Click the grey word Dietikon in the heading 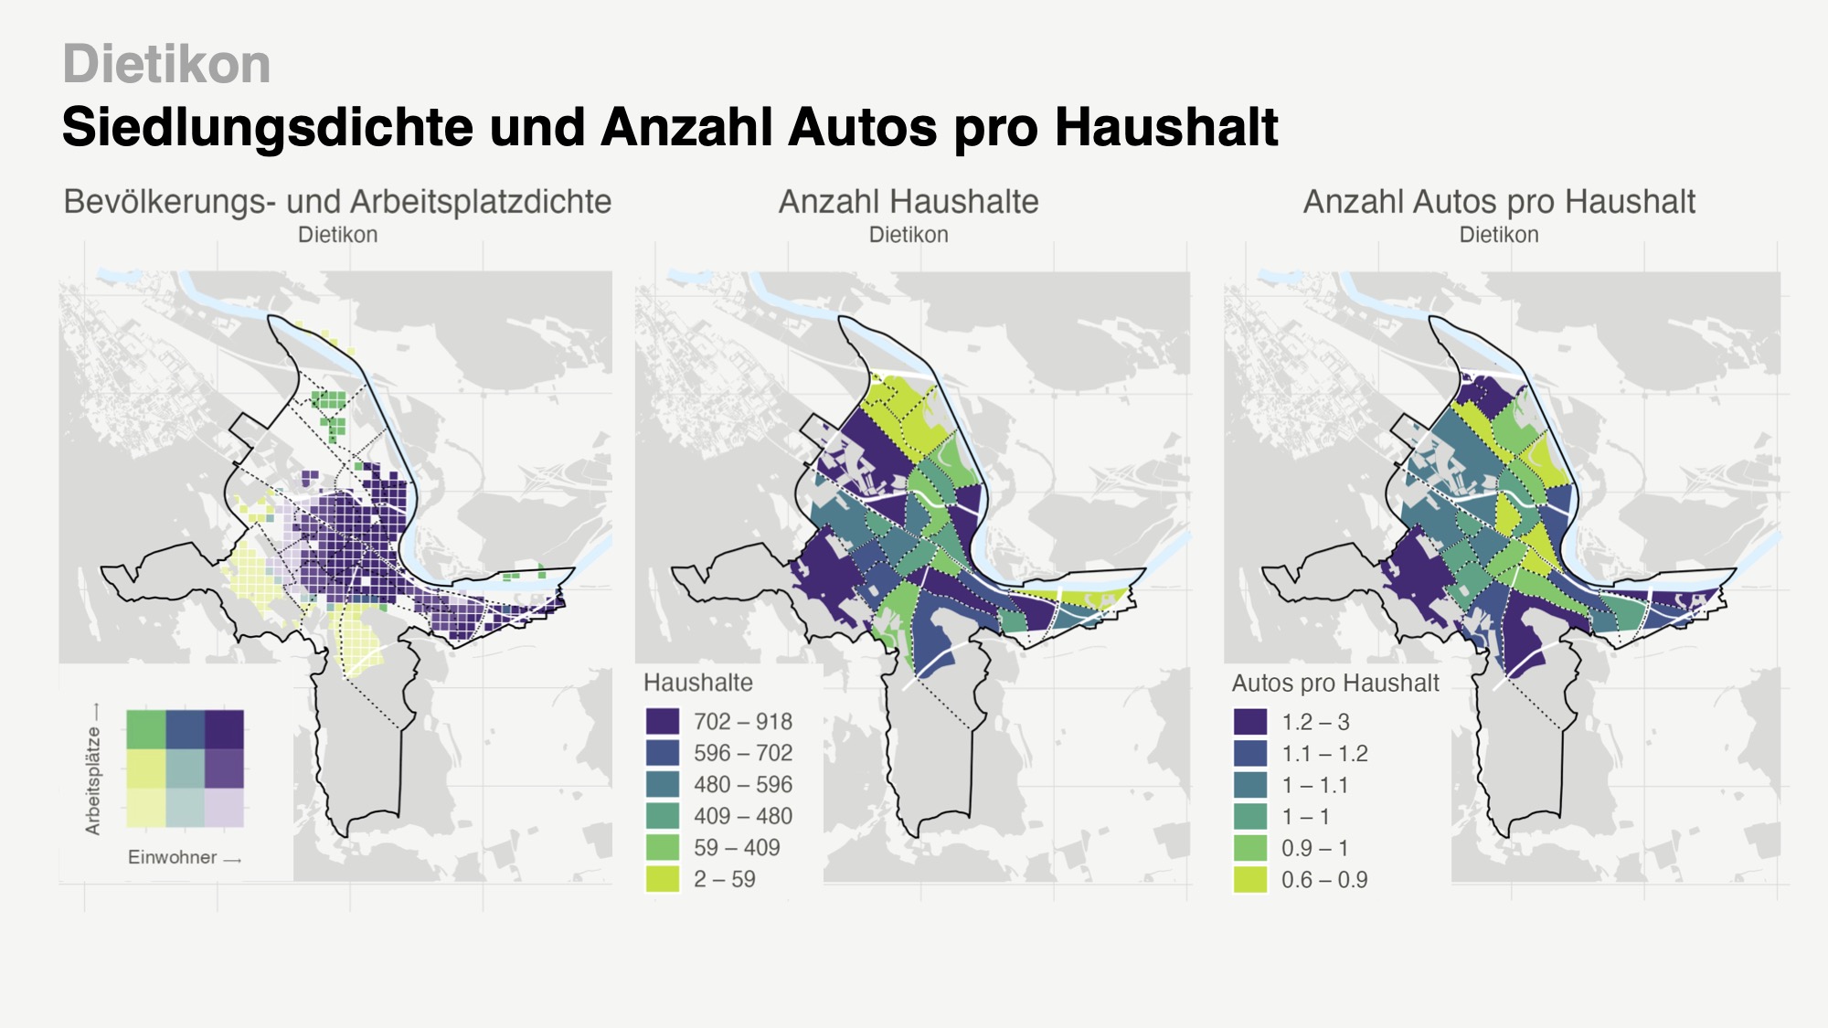click(166, 65)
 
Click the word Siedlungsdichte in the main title click(268, 126)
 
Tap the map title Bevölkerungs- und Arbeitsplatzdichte click(337, 201)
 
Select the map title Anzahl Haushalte click(909, 201)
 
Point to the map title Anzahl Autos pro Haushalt click(1499, 201)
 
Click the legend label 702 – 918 click(743, 722)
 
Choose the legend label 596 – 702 click(743, 753)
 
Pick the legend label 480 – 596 click(743, 785)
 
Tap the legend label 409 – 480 click(743, 816)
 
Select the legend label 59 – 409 click(737, 848)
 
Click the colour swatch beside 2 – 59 click(663, 879)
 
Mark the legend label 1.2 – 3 click(1315, 722)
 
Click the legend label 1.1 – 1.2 click(1324, 754)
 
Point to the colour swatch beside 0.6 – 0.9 click(1250, 880)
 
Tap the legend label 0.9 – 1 click(1315, 848)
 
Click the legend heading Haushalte click(698, 683)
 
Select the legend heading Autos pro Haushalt click(1335, 684)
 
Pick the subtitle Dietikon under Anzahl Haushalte click(909, 235)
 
